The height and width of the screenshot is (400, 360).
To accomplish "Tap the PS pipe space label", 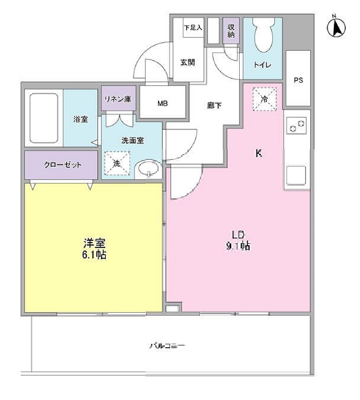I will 298,81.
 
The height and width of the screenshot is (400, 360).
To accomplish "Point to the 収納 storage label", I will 231,31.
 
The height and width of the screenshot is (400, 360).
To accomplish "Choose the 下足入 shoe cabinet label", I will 193,28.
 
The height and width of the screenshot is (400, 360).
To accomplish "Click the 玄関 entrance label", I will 188,62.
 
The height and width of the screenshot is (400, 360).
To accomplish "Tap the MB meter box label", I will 163,102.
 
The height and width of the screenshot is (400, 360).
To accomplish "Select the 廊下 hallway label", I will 214,105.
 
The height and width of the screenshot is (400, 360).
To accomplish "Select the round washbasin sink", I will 149,169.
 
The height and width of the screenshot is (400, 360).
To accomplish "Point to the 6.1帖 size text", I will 95,255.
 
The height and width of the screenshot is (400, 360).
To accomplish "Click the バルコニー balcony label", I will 167,346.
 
